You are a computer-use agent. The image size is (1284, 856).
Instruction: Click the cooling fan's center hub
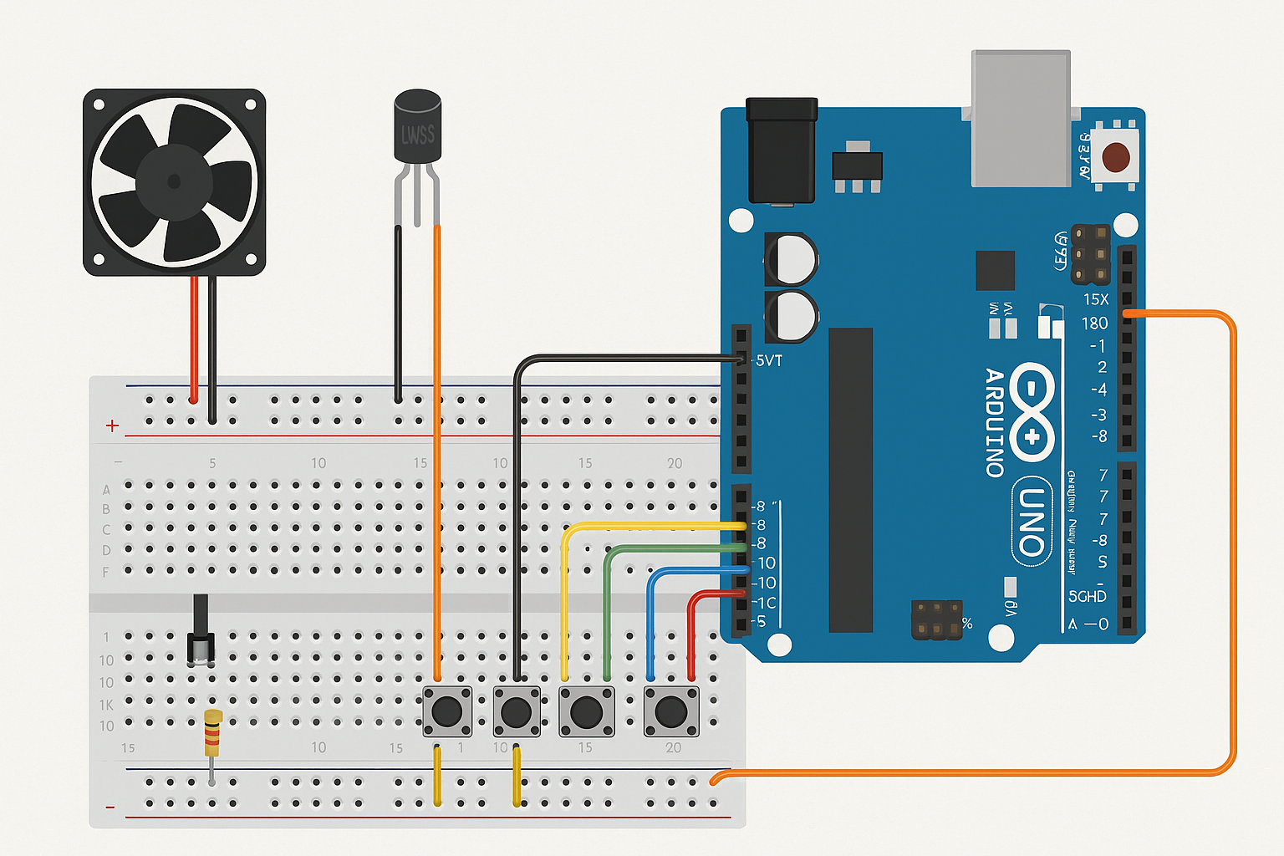[174, 181]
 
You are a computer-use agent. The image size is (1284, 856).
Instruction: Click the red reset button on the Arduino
[1116, 156]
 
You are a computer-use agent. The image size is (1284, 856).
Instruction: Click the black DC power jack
[782, 150]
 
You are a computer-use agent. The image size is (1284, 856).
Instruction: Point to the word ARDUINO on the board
[994, 422]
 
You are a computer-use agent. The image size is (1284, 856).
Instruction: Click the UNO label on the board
[1032, 522]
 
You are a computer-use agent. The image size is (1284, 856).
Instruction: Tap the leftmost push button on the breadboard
[447, 711]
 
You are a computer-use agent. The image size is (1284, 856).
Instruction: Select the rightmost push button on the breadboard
[670, 711]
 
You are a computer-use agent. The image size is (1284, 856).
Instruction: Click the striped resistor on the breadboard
[213, 732]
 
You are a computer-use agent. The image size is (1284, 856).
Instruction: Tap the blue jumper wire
[650, 619]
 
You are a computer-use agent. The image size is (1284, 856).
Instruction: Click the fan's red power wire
[194, 334]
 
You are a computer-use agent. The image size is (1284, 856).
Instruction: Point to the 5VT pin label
[768, 361]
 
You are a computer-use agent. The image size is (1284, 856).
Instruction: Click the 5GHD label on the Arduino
[1087, 596]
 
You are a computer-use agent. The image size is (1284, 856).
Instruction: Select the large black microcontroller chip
[850, 480]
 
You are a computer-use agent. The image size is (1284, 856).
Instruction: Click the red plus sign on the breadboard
[112, 426]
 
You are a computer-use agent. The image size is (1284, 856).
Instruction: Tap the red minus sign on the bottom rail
[110, 808]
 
